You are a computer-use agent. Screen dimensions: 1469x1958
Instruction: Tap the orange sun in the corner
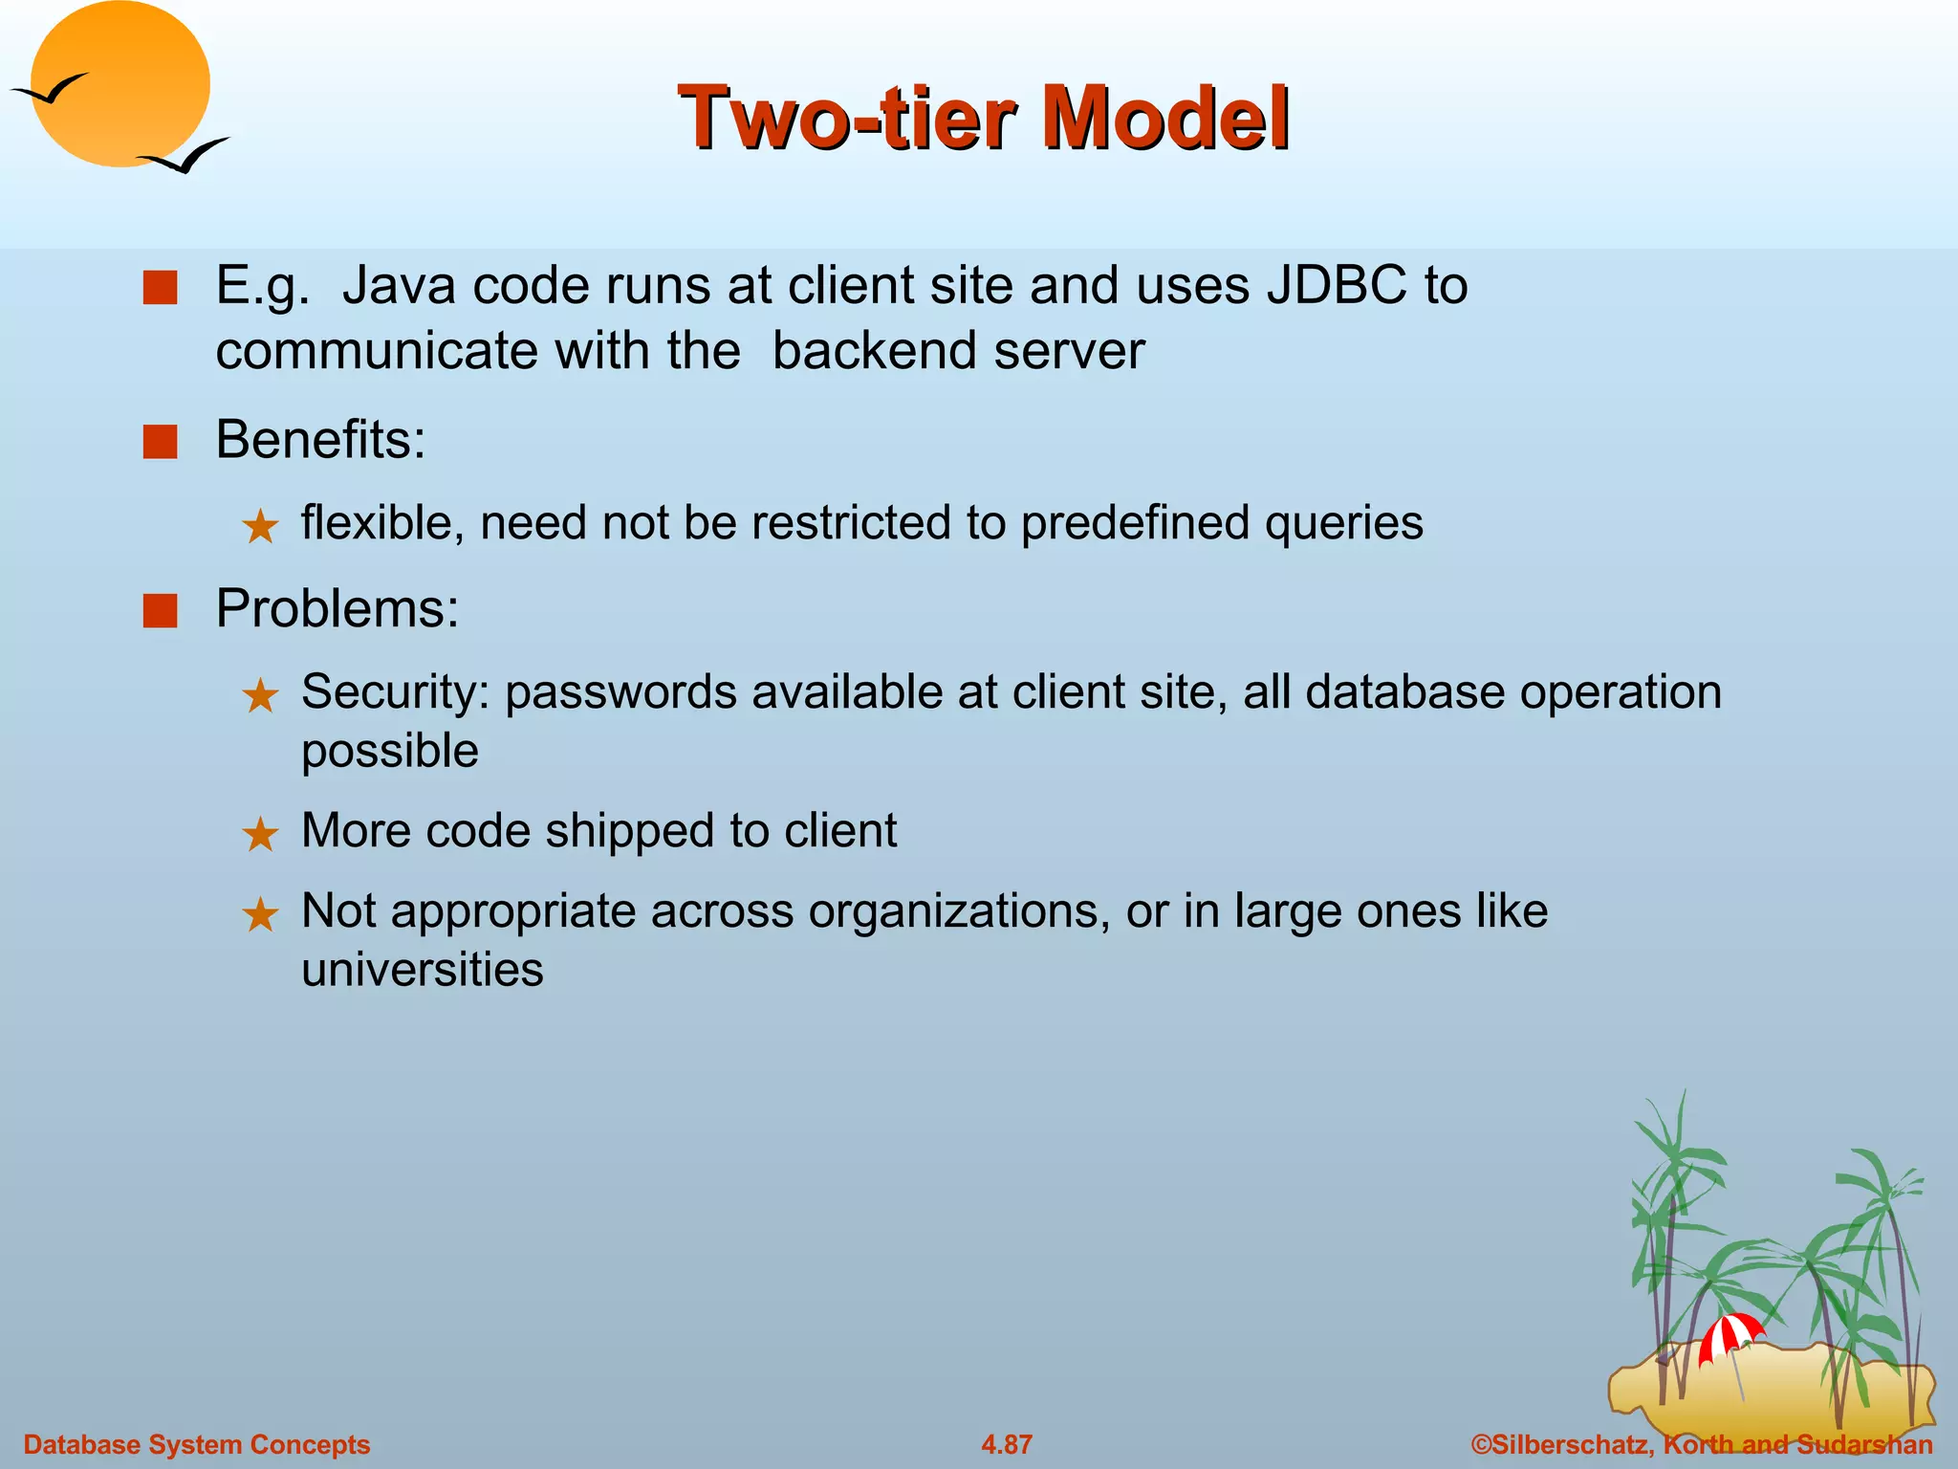(x=121, y=84)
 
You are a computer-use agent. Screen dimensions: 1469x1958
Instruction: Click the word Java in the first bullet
(x=399, y=285)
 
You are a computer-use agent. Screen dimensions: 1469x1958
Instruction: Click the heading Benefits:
(x=320, y=440)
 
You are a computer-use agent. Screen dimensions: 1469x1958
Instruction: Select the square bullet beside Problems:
(x=160, y=610)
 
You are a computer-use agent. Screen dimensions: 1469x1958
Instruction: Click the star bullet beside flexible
(x=260, y=527)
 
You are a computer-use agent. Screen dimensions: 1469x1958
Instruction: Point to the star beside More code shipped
(x=260, y=835)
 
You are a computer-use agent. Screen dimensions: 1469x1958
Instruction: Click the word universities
(x=422, y=970)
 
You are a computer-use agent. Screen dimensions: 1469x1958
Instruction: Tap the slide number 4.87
(x=1006, y=1444)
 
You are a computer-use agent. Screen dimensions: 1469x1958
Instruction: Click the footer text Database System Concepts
(x=196, y=1444)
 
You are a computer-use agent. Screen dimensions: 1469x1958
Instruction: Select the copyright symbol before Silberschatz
(x=1481, y=1444)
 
